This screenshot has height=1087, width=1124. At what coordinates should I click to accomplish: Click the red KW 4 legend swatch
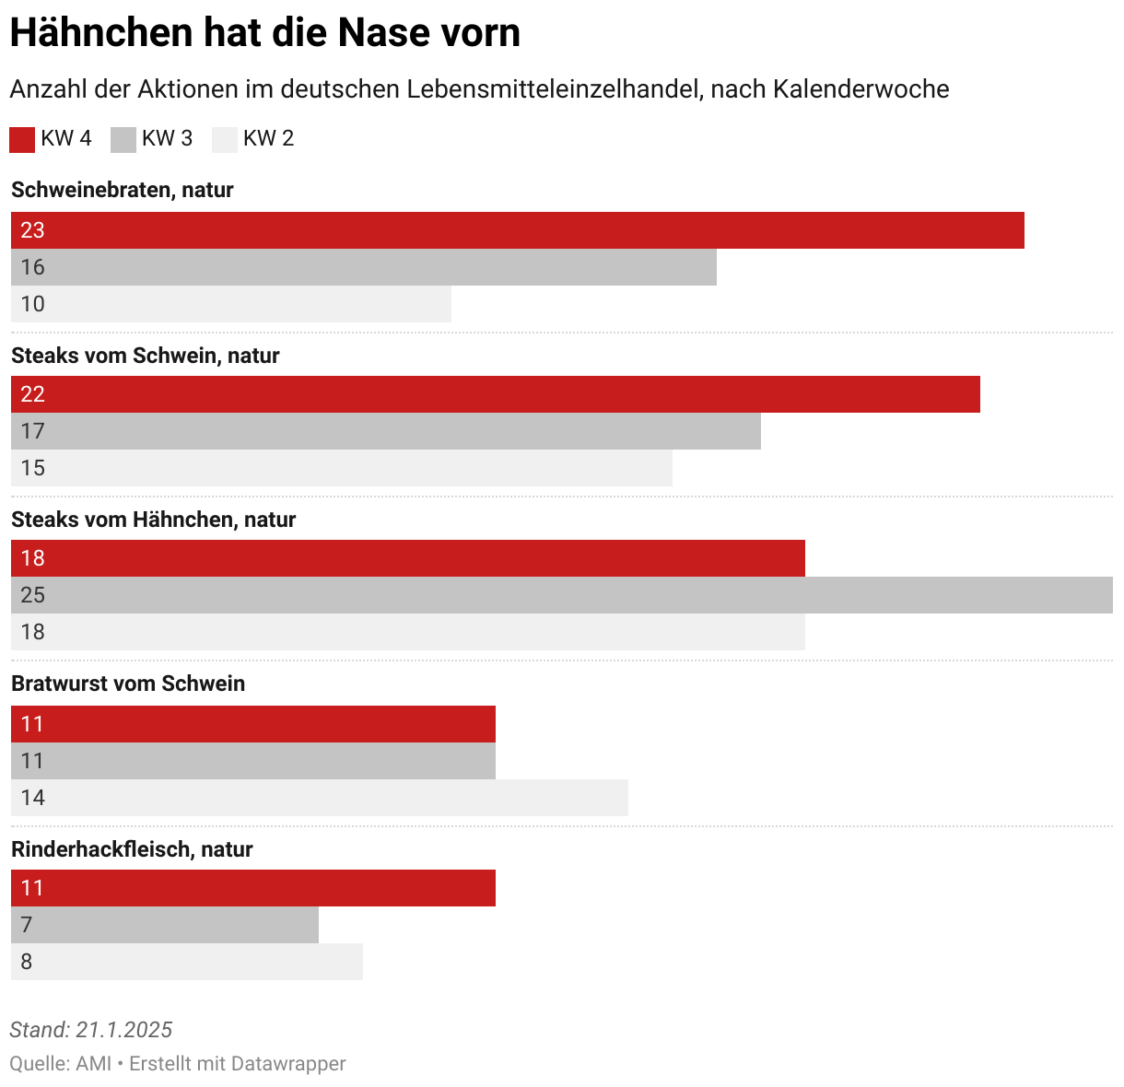[x=22, y=139]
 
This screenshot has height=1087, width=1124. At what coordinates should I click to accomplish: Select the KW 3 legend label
[x=167, y=138]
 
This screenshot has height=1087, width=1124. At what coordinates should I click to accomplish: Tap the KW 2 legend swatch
[x=225, y=139]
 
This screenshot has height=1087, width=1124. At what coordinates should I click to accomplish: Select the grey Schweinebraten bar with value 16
[x=364, y=267]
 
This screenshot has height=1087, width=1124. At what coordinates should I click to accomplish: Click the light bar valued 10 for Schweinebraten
[x=231, y=304]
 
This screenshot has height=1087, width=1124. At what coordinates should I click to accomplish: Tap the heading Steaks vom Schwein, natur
[x=146, y=356]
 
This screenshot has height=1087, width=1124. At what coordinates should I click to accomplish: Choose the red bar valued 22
[x=496, y=394]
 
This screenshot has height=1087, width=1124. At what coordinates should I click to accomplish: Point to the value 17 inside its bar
[x=33, y=431]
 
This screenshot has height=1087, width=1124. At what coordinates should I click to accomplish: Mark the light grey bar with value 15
[x=342, y=468]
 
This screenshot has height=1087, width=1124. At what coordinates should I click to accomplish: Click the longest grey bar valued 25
[x=562, y=595]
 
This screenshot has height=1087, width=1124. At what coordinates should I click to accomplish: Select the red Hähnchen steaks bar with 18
[x=408, y=558]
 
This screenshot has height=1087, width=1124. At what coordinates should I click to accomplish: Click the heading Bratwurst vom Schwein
[x=128, y=684]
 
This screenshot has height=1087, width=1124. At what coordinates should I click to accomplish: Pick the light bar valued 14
[x=320, y=798]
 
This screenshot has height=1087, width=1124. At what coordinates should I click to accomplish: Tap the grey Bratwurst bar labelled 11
[x=253, y=761]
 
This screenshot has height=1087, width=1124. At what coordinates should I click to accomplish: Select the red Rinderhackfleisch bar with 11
[x=253, y=888]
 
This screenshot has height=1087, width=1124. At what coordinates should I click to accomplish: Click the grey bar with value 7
[x=165, y=925]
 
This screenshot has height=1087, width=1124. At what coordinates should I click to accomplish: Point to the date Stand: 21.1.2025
[x=91, y=1030]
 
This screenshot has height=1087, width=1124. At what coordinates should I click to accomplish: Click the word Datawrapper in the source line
[x=288, y=1064]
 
